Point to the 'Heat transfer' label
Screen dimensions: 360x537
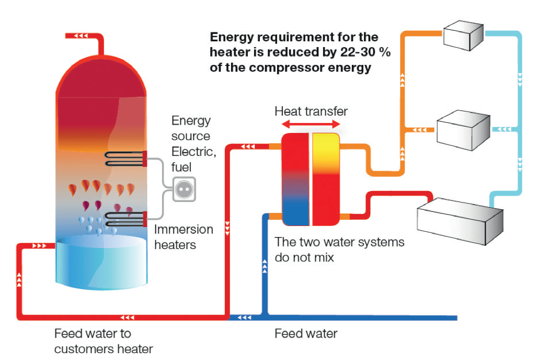click(x=311, y=111)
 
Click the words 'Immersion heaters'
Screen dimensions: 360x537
click(x=184, y=237)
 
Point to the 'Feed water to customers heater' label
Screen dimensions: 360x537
click(x=103, y=341)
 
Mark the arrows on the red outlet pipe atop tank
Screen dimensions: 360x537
click(x=81, y=36)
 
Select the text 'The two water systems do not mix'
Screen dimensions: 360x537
click(x=339, y=250)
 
